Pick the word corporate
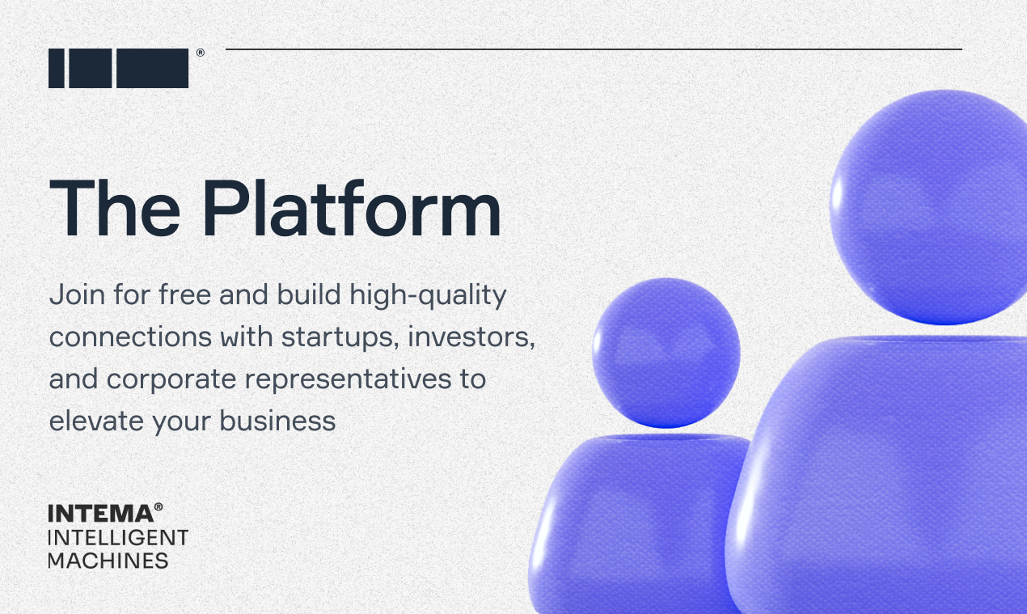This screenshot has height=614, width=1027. (175, 379)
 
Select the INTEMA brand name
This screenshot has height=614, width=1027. (100, 514)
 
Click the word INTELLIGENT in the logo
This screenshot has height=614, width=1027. (118, 537)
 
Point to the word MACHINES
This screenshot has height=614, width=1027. (108, 560)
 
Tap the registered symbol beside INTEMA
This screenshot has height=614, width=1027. (158, 507)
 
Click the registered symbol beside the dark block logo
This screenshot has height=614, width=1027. (200, 53)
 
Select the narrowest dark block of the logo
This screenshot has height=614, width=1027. (57, 68)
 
